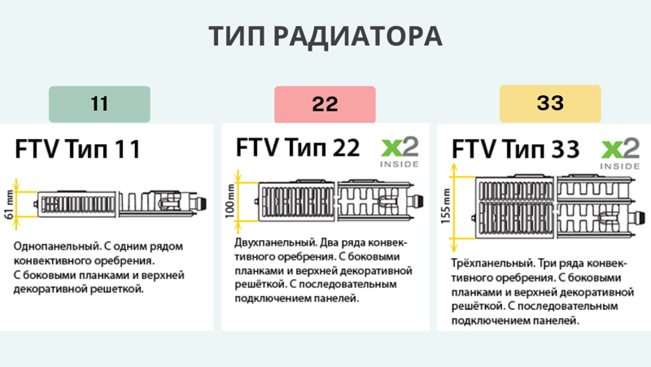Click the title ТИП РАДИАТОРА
pos(325,37)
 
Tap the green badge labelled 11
pos(99,104)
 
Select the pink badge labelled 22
pos(325,104)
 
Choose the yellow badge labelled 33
pos(550,104)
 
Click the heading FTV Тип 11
pos(78,150)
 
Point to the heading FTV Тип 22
pos(298,147)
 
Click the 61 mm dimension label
pos(10,203)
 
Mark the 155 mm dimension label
pos(445,207)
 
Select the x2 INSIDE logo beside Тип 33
pos(620,152)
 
